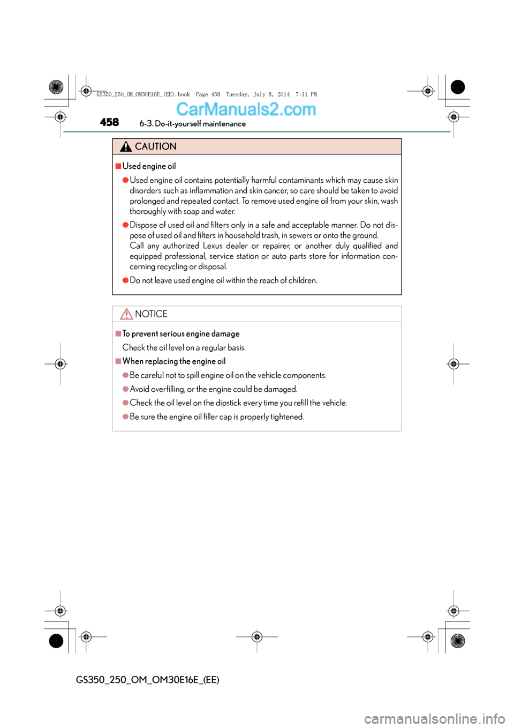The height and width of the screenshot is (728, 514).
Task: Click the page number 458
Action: coord(109,122)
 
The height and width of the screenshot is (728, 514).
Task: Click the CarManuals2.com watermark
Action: coord(246,109)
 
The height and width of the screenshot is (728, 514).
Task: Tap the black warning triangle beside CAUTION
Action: coord(126,146)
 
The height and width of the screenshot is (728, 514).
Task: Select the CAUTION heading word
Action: coord(155,146)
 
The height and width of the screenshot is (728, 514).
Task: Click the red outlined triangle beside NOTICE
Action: coord(126,314)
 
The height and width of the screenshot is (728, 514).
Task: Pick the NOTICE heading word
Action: coord(151,314)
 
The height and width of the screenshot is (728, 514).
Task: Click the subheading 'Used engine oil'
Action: coord(149,166)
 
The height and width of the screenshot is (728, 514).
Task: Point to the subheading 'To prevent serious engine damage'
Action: coord(180,334)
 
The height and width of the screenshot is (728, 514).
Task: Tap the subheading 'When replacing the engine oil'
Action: coord(173,361)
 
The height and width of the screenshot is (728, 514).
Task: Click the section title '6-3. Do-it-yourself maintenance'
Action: coord(192,124)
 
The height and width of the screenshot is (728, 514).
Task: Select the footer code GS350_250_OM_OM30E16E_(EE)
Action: coord(147,680)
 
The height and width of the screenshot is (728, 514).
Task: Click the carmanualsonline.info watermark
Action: coord(434,718)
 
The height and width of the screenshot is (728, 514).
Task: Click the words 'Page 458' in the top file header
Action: coord(208,94)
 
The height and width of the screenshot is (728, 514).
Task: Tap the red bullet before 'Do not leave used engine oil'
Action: coord(125,280)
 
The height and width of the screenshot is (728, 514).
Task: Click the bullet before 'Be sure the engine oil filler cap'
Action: coord(125,417)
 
